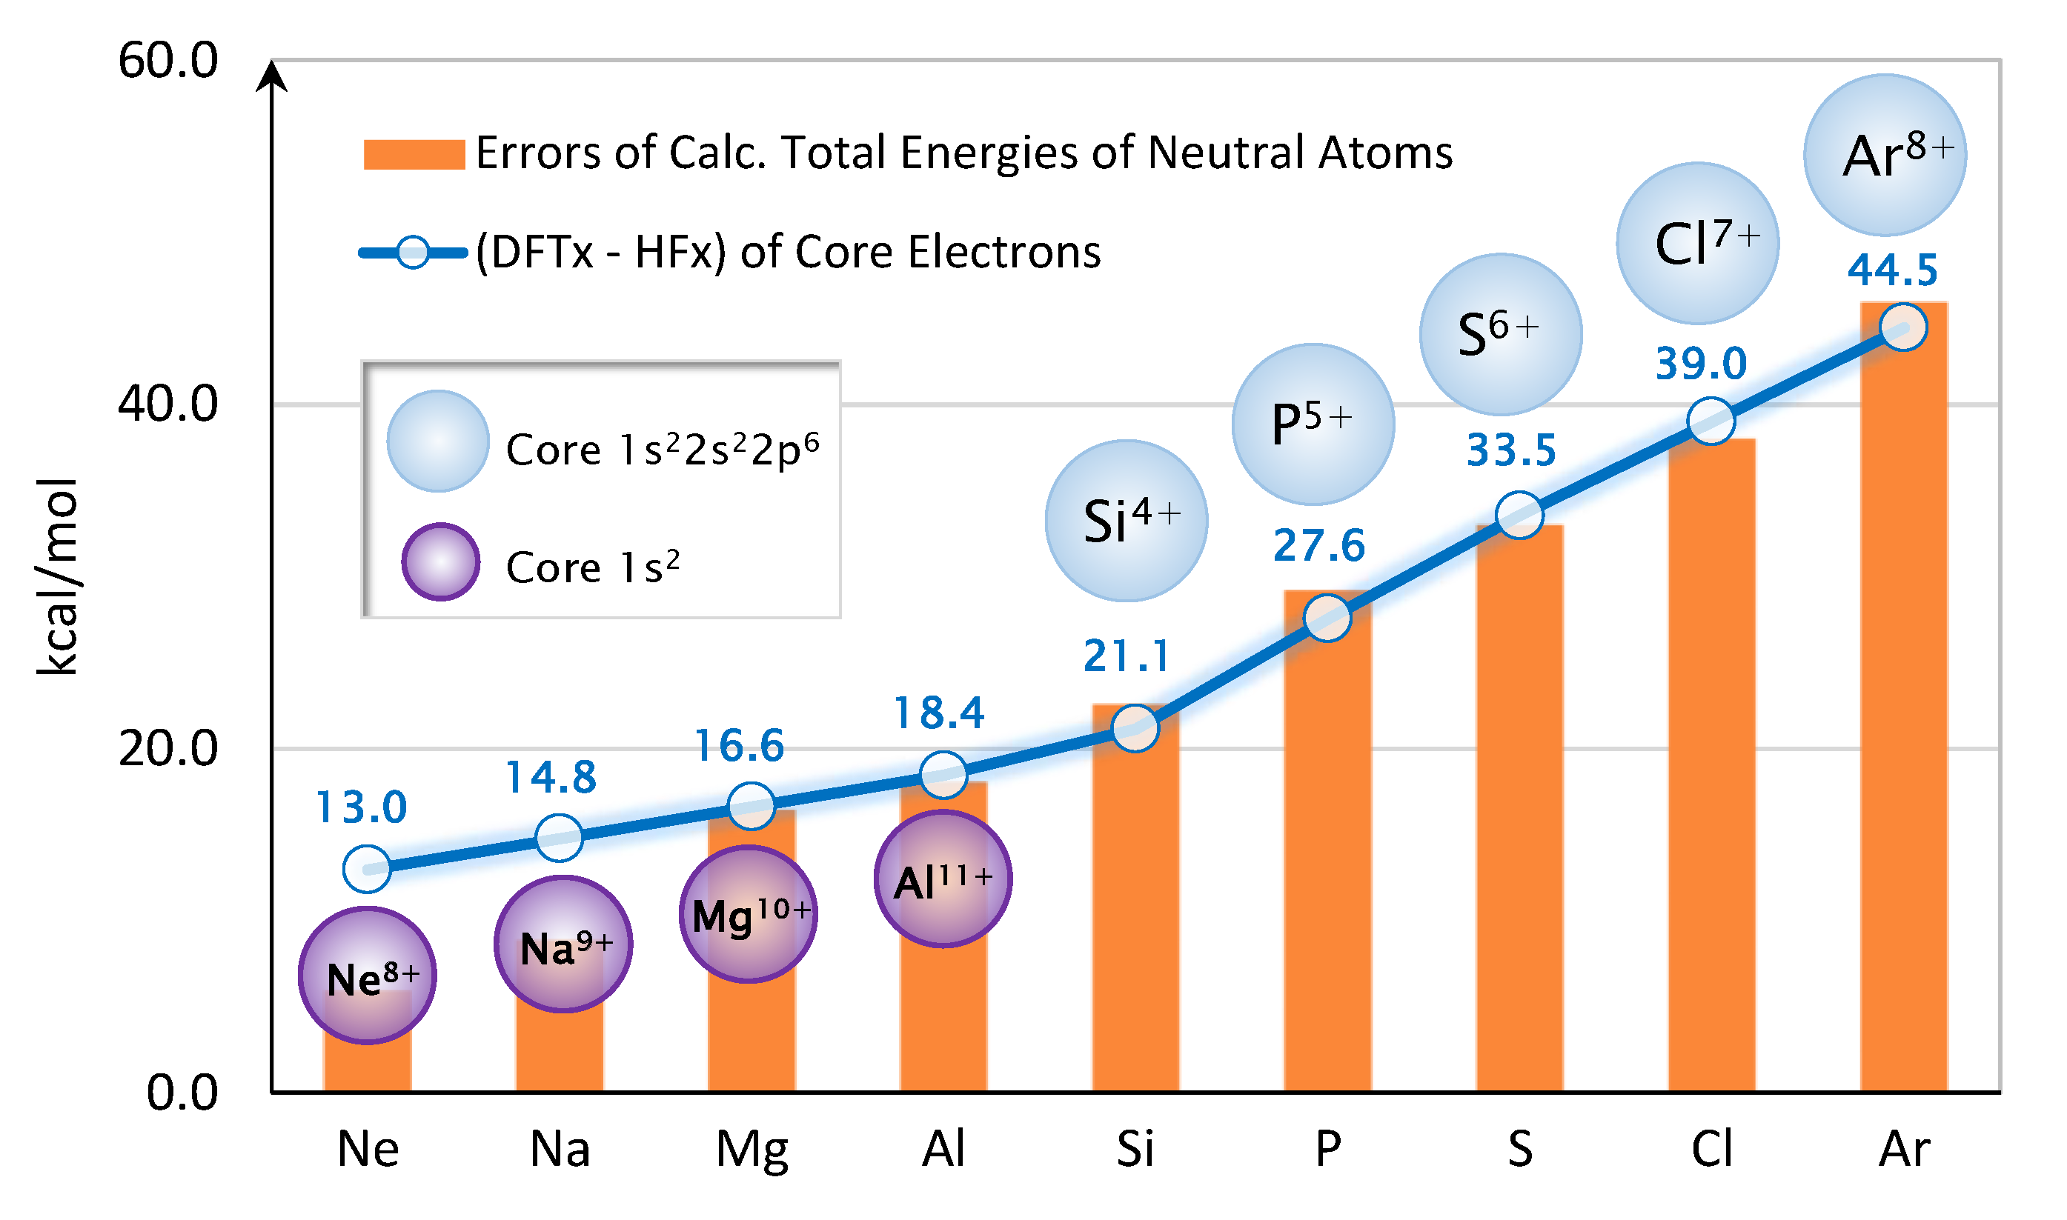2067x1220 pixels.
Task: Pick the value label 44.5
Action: point(1892,270)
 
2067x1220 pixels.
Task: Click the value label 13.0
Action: point(362,807)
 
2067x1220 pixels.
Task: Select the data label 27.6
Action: point(1319,546)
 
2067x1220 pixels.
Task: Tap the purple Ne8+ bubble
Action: point(368,976)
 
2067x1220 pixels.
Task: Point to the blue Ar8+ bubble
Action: point(1885,156)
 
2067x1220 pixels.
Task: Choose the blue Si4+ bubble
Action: point(1127,521)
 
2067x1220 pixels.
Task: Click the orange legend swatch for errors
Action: point(414,155)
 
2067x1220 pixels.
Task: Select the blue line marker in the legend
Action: point(413,253)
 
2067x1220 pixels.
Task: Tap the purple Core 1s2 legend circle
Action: point(441,562)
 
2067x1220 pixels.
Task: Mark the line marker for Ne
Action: point(367,869)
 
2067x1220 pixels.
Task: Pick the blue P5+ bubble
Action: point(1313,424)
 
